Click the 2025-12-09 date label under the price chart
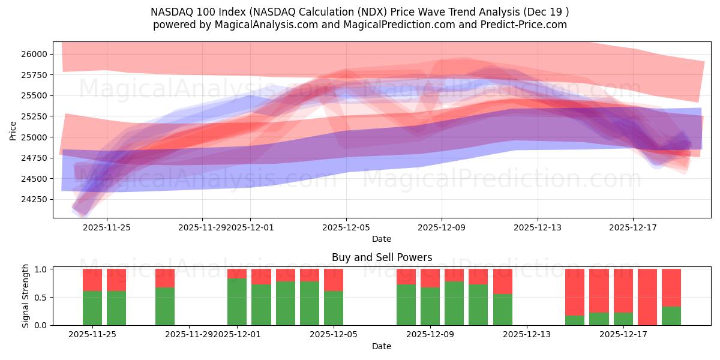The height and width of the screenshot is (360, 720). (x=442, y=227)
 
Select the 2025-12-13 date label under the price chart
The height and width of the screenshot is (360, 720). (x=537, y=227)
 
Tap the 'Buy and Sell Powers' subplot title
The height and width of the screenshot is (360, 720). (x=382, y=257)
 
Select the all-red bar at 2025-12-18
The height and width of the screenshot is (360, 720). (x=647, y=297)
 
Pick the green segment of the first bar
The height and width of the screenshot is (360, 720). (x=92, y=308)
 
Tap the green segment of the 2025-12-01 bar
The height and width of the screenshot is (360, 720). (x=237, y=302)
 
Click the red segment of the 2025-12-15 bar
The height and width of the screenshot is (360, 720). (x=575, y=291)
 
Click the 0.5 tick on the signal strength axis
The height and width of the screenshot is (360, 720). (x=41, y=297)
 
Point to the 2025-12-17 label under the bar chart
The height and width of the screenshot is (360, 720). (x=623, y=335)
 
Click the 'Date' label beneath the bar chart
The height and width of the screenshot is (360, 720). (x=382, y=346)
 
